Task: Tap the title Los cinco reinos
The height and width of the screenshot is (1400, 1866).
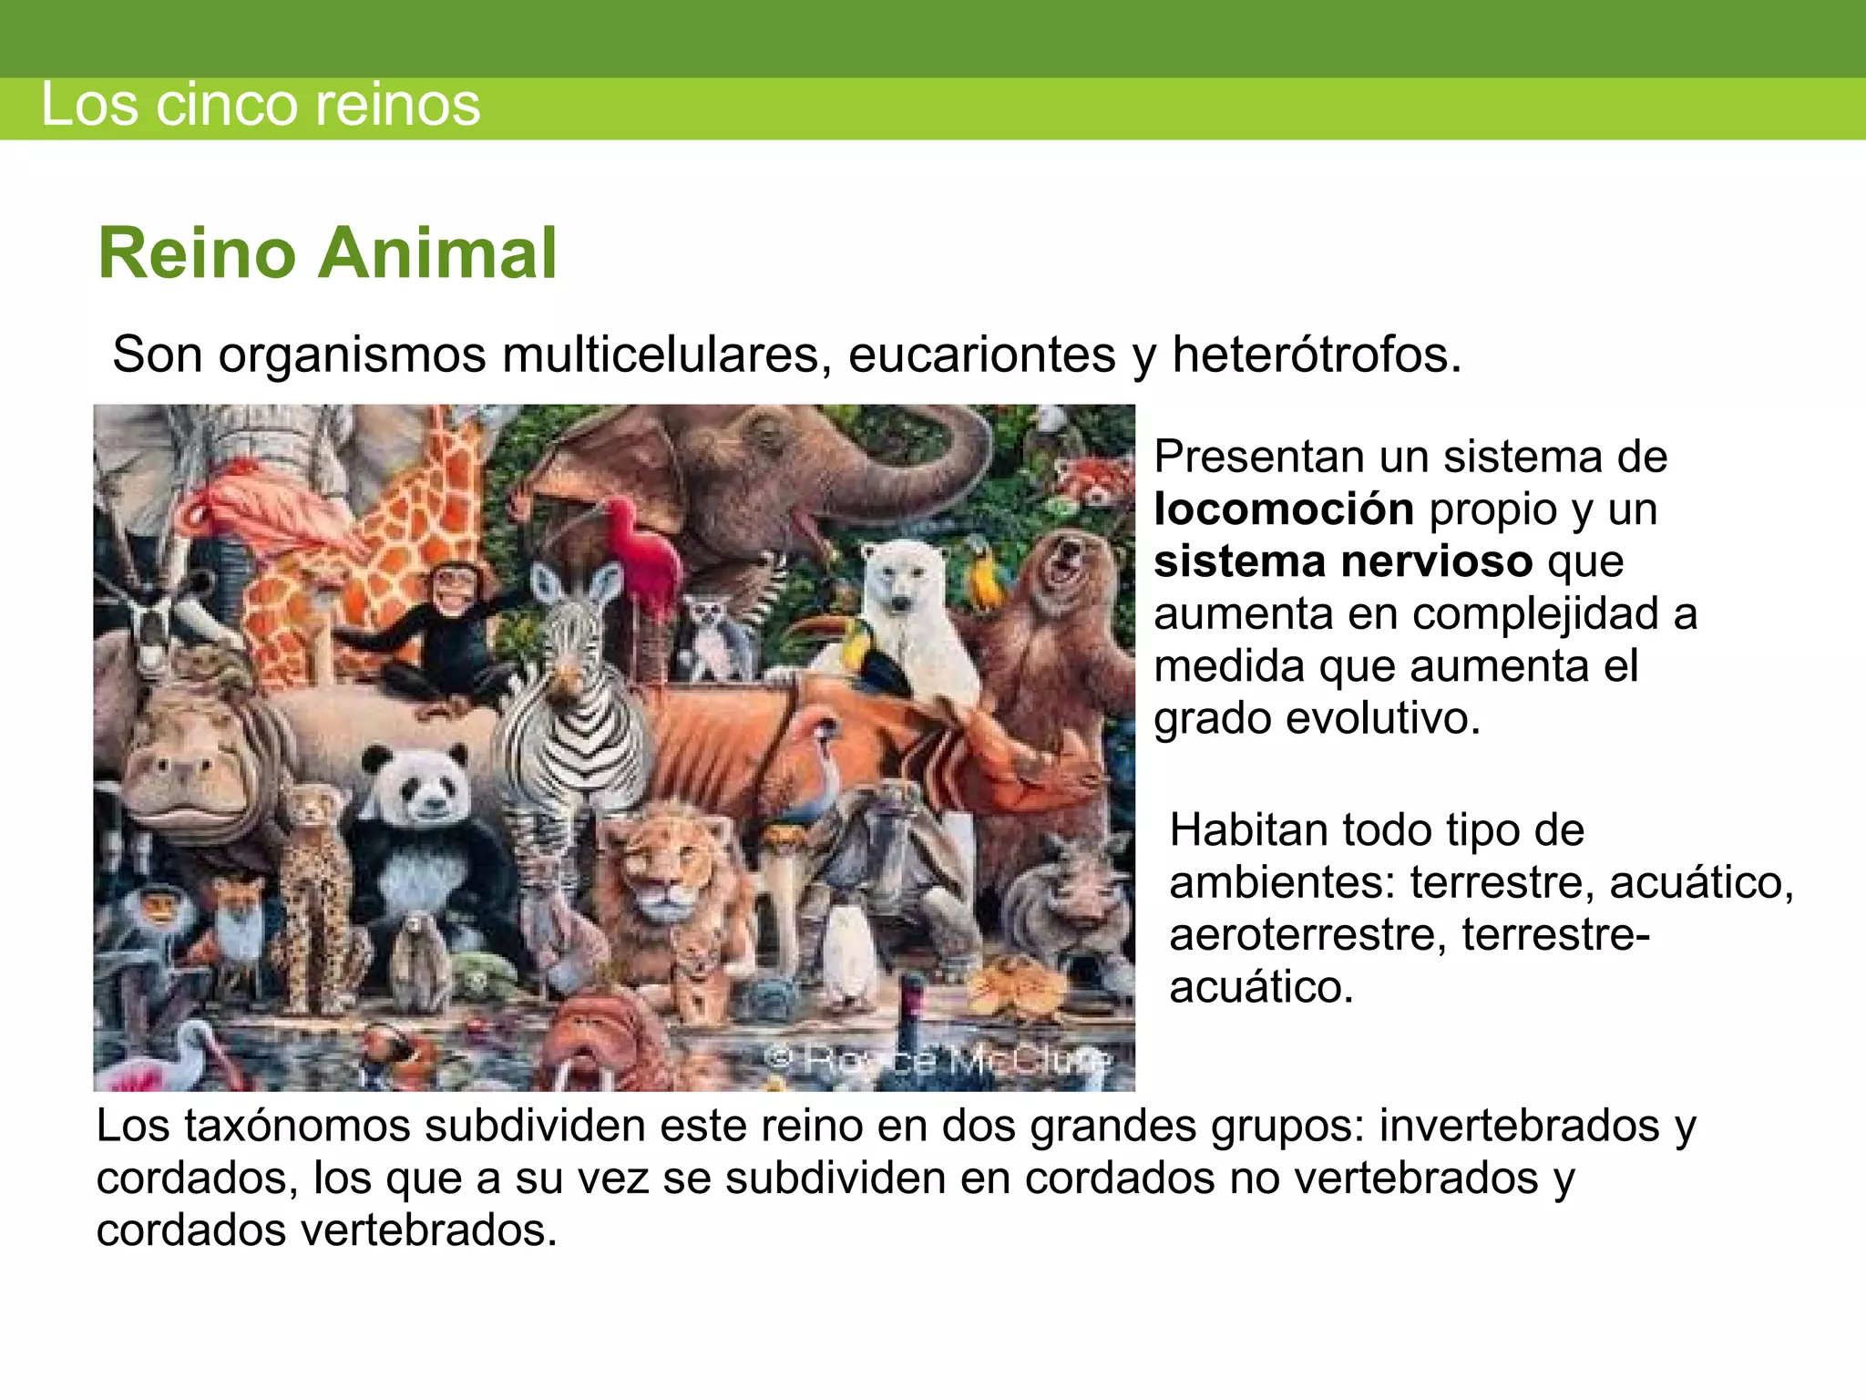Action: coord(261,105)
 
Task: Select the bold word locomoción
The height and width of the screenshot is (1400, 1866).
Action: coord(1283,509)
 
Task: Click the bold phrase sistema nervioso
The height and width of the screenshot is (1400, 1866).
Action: coord(1343,561)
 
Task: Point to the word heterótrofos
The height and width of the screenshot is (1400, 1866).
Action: coord(1316,355)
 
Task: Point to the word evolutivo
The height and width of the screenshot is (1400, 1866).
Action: coord(1383,718)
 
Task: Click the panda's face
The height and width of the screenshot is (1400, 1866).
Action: coord(416,786)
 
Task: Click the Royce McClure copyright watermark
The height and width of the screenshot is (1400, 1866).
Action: coord(938,1059)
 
